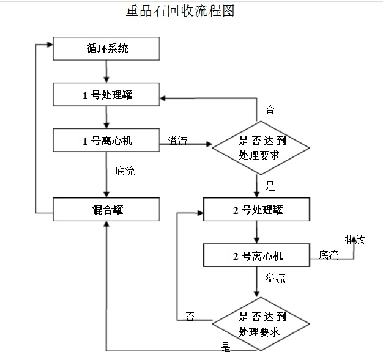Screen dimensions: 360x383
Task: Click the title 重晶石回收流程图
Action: [180, 11]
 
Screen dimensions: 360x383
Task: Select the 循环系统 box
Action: [106, 49]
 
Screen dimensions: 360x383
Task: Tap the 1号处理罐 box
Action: [106, 95]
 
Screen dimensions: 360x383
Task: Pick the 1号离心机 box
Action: [106, 141]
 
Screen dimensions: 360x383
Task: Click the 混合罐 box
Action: [106, 210]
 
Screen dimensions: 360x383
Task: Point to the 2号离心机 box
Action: [256, 255]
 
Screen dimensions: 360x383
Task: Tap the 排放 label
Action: [355, 240]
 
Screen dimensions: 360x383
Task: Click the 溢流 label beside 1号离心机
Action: [177, 141]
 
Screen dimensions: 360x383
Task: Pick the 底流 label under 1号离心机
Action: [125, 171]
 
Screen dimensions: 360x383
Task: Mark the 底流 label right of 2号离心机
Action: [329, 255]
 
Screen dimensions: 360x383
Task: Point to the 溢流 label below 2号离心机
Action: [275, 279]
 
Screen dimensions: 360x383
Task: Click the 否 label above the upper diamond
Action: [270, 109]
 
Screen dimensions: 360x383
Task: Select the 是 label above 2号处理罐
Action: [270, 186]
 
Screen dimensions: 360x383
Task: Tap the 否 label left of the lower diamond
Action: [190, 317]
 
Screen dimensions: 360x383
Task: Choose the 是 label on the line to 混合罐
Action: [225, 348]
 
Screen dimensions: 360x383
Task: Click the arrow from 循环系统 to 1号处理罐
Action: [107, 72]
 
